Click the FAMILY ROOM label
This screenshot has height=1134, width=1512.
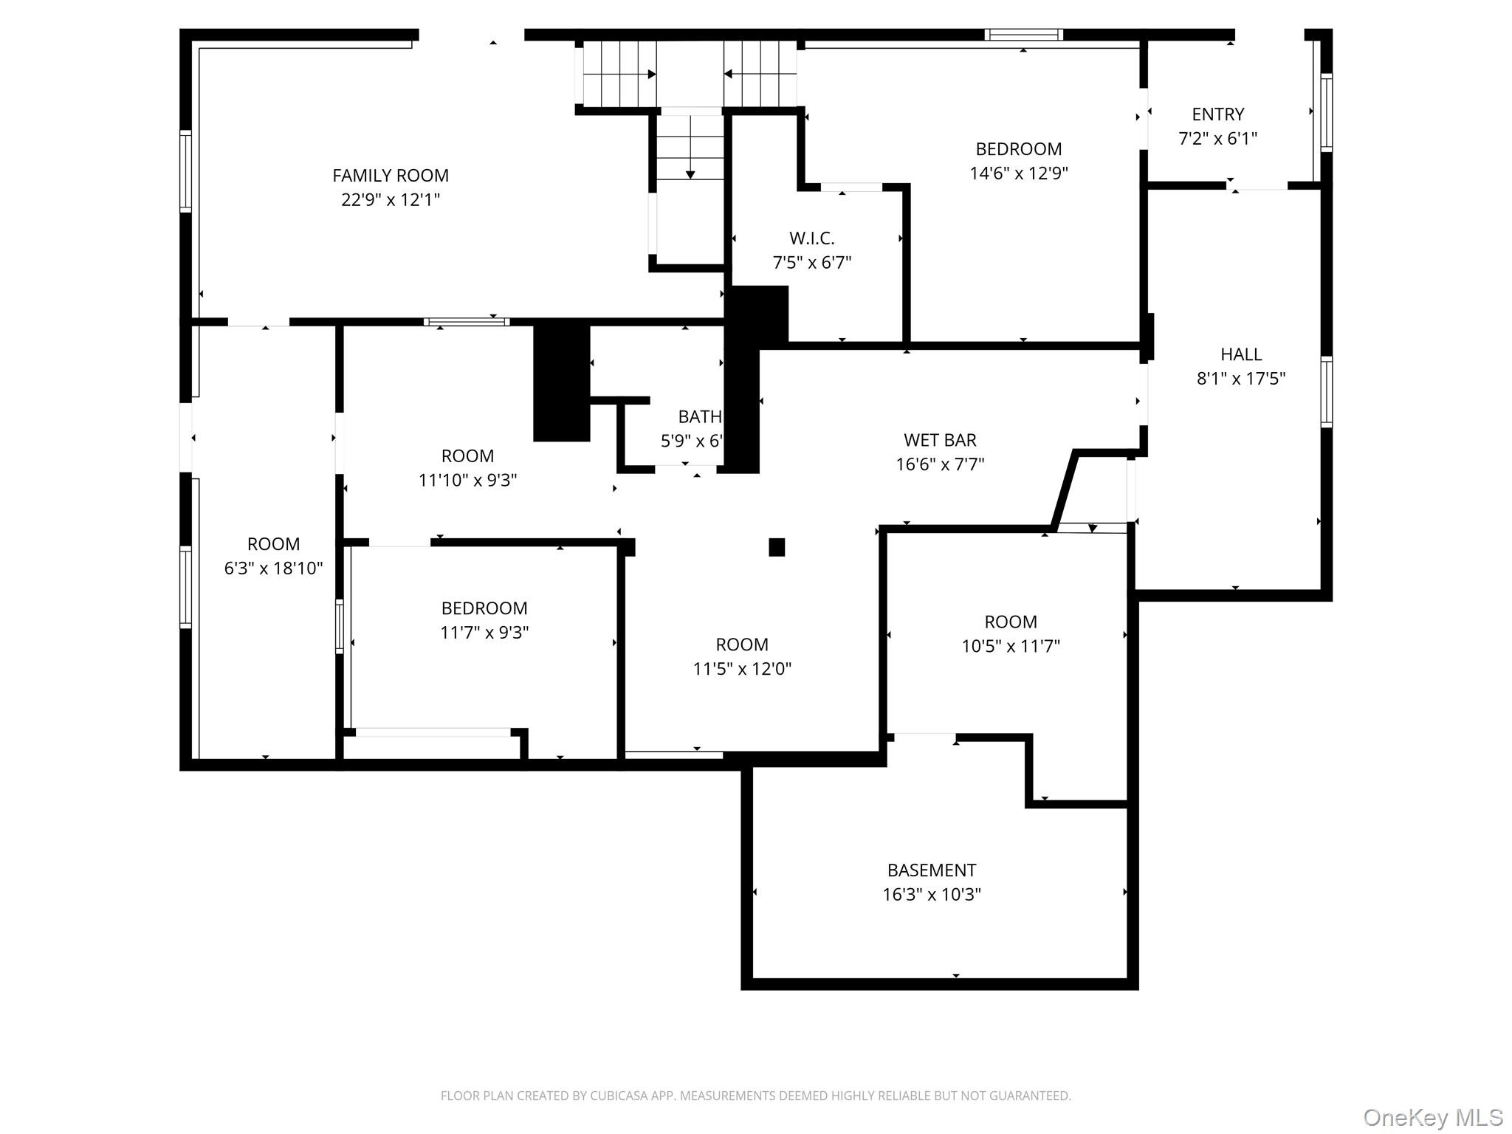(390, 176)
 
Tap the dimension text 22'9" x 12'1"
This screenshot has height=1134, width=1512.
(390, 200)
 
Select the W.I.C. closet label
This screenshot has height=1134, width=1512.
(811, 238)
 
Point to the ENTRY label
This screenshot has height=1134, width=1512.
(1217, 114)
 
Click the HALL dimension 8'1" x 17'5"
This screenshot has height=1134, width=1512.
(1240, 379)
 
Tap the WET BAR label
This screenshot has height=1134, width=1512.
(939, 440)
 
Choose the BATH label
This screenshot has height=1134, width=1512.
(699, 417)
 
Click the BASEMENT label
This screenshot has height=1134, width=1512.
(931, 870)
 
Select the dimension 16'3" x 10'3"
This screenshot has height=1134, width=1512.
(931, 895)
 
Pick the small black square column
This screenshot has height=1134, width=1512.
(777, 547)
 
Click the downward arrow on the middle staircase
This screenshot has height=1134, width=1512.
(690, 174)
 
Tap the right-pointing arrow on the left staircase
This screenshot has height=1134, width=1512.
(652, 75)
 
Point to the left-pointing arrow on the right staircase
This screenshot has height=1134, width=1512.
(728, 74)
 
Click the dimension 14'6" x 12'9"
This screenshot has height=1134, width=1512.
(1018, 173)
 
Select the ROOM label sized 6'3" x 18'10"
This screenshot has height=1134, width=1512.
(273, 544)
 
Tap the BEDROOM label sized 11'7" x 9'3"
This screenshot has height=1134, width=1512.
(484, 608)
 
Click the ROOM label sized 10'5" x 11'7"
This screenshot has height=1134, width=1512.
(1010, 622)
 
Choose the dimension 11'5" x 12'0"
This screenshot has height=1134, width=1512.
(741, 669)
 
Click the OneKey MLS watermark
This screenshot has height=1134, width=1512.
(1432, 1117)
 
